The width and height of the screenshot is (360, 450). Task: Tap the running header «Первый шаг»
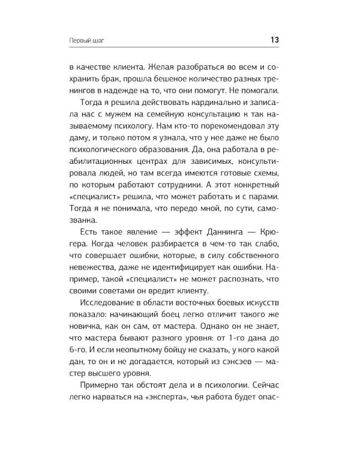click(x=87, y=41)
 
